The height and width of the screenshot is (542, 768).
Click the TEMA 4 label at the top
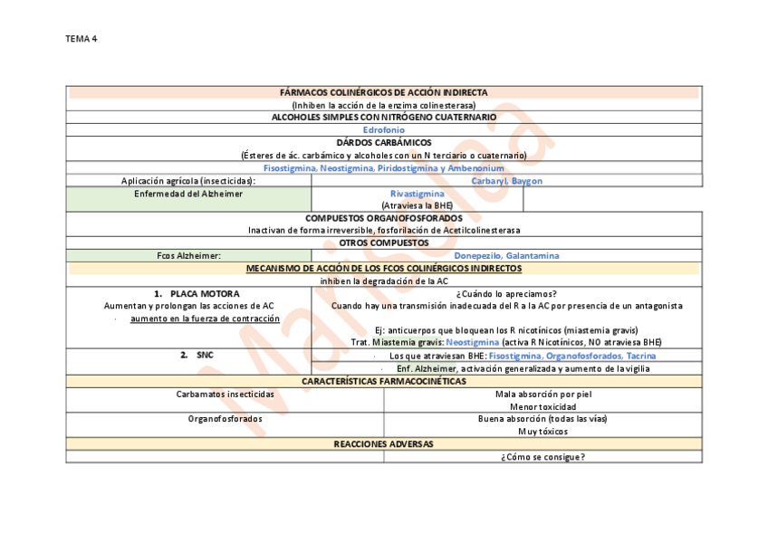(x=82, y=38)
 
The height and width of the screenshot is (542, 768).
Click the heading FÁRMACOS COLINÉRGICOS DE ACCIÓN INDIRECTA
(x=384, y=92)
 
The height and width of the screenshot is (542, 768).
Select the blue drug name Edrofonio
(x=384, y=130)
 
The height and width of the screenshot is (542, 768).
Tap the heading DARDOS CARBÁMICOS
(x=384, y=143)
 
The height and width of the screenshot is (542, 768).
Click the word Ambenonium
(x=472, y=168)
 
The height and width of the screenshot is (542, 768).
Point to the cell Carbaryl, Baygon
(x=507, y=181)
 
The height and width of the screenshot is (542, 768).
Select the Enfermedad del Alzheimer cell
(x=188, y=194)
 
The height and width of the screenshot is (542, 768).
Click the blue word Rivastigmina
(x=417, y=194)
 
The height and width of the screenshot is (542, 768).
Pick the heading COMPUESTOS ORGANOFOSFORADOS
(x=384, y=218)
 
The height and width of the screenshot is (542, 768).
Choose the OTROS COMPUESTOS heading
(x=384, y=243)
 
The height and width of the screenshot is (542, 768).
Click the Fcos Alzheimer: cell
(x=188, y=256)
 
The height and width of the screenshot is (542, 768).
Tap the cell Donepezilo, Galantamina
(x=506, y=256)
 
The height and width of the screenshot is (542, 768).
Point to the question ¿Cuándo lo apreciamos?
(x=506, y=294)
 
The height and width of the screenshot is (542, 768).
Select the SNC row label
(x=205, y=356)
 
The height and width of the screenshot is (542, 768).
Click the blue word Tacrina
(x=640, y=356)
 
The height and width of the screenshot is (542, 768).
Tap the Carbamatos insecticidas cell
(x=225, y=395)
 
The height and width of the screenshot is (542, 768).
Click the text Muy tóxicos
(x=542, y=432)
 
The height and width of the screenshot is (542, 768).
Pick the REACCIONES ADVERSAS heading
(x=384, y=444)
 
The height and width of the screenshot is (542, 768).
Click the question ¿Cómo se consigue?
(x=542, y=457)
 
